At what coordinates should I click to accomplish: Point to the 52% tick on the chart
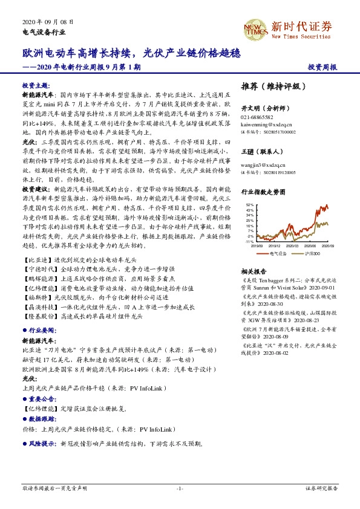pyautogui.click(x=250, y=205)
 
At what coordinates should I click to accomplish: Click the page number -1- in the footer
pyautogui.click(x=180, y=488)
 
